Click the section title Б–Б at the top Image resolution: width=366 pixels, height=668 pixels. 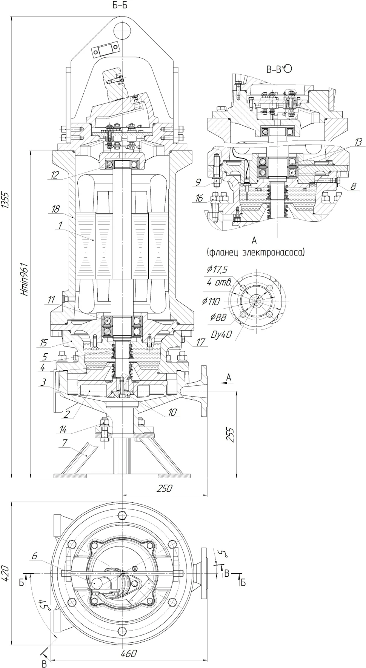tap(120, 5)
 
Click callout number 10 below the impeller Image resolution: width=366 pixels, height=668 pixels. tap(172, 412)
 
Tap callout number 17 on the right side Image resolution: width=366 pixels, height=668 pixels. tap(201, 343)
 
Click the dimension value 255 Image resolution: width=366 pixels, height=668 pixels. tap(232, 434)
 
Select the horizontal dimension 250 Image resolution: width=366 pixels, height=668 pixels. tap(165, 488)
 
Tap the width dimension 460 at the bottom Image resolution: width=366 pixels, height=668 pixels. tap(129, 654)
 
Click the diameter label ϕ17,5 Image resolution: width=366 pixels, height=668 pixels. tap(218, 269)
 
